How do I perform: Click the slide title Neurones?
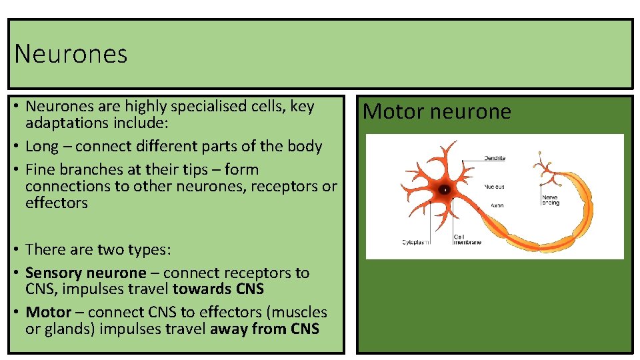click(x=71, y=54)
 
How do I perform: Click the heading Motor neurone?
click(x=437, y=111)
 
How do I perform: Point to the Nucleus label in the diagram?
click(x=494, y=187)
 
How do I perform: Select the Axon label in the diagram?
click(x=497, y=205)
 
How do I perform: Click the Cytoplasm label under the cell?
click(x=417, y=242)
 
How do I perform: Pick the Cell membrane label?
click(x=467, y=239)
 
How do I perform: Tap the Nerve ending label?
click(x=551, y=200)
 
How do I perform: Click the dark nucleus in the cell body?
click(x=445, y=189)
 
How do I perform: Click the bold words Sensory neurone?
click(x=85, y=273)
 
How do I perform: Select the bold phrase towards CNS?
click(x=218, y=289)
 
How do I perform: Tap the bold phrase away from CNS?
click(x=265, y=329)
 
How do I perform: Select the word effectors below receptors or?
click(x=57, y=203)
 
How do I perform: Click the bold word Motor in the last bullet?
click(x=48, y=312)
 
